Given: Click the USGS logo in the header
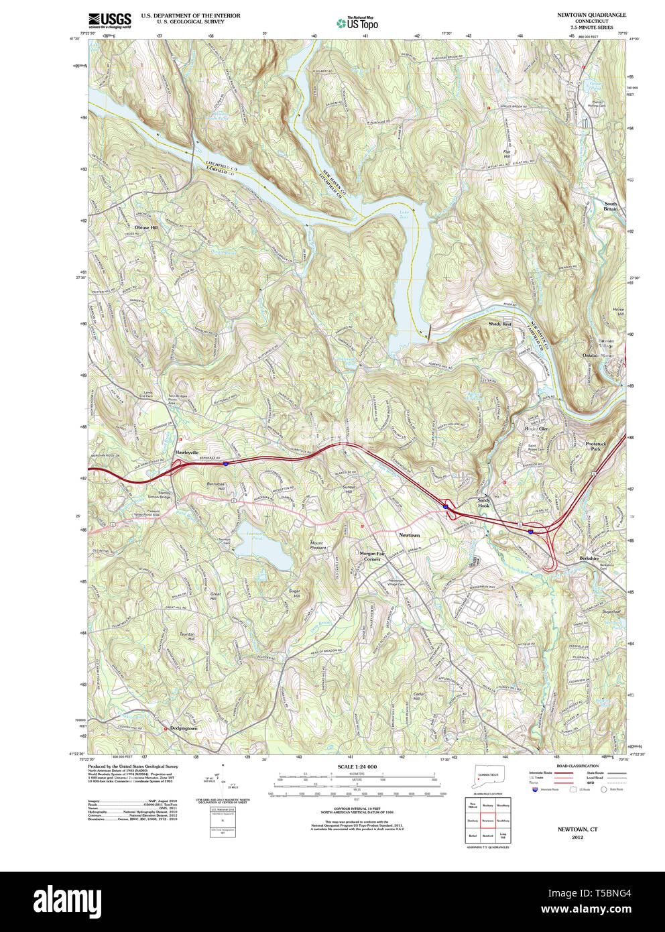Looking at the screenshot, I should click(x=109, y=20).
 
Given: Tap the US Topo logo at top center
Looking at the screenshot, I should click(x=357, y=23).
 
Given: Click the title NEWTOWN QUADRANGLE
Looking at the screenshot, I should click(x=591, y=15).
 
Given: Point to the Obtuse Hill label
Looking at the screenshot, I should click(x=146, y=227).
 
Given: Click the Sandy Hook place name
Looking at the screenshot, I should click(x=484, y=503).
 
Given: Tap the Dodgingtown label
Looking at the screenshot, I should click(x=183, y=728).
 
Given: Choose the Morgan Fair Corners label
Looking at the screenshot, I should click(x=372, y=557).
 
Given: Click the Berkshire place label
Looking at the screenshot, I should click(x=589, y=558).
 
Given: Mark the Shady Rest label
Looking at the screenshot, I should click(x=499, y=324).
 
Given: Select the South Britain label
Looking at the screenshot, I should click(x=610, y=207).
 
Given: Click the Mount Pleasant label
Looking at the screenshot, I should click(x=317, y=545).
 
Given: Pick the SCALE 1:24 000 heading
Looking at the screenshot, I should click(x=357, y=766).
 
